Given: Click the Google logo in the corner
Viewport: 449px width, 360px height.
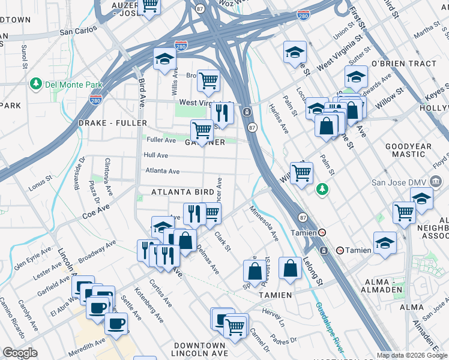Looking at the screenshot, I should tap(21, 353).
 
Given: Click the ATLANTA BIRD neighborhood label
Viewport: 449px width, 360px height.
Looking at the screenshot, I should tap(182, 192).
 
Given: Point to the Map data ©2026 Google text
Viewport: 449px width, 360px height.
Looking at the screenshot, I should tap(412, 355).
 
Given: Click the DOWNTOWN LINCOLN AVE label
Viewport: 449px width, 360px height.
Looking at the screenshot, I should tap(200, 350).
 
